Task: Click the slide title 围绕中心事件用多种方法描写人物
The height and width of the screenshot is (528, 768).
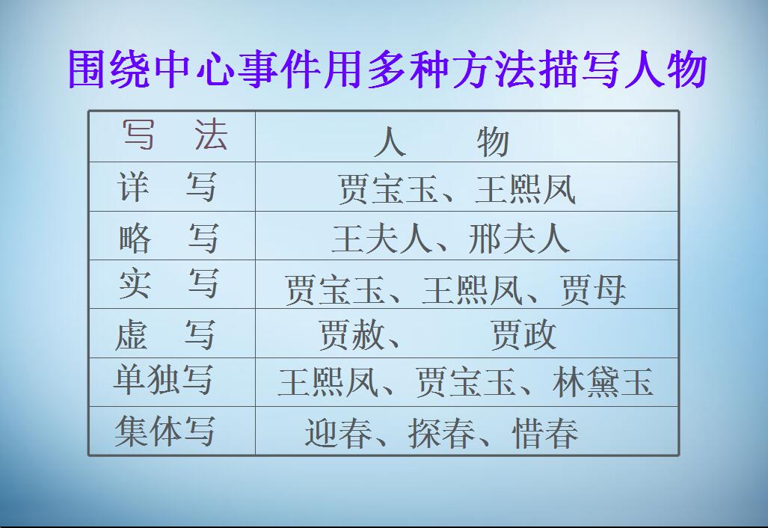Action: click(x=387, y=70)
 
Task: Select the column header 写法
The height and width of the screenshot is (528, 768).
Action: click(x=174, y=136)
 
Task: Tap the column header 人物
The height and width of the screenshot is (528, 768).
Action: click(x=441, y=141)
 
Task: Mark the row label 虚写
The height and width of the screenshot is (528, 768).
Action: click(x=165, y=334)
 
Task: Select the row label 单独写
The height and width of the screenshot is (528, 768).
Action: click(x=163, y=380)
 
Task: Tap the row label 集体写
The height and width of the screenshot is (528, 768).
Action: click(x=165, y=432)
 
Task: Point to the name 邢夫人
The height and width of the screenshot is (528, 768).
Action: click(x=519, y=239)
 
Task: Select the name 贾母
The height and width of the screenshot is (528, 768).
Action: click(x=593, y=290)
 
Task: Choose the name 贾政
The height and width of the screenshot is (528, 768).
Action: click(x=523, y=336)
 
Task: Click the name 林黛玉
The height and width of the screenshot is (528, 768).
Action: click(x=603, y=382)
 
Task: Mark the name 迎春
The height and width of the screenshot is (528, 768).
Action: click(x=338, y=433)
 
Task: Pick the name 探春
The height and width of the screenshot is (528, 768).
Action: click(x=442, y=433)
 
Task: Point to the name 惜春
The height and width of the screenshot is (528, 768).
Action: click(x=545, y=433)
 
